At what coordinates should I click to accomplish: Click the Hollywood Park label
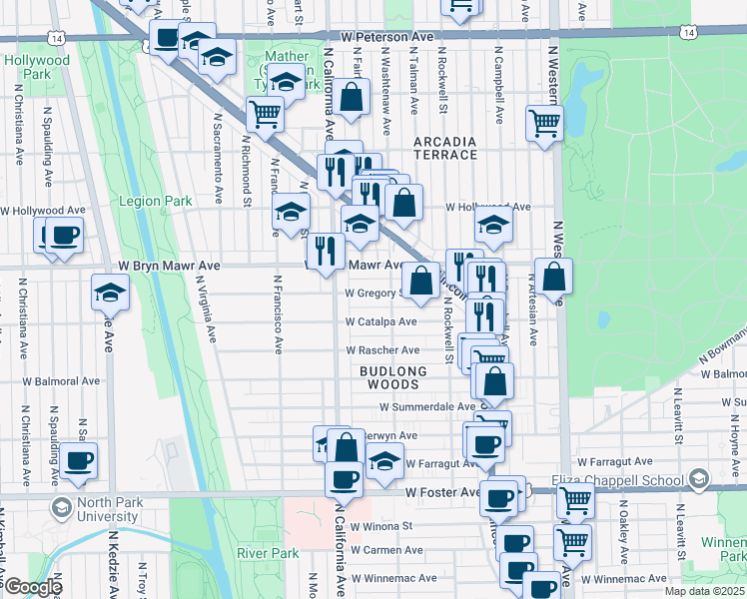[35, 67]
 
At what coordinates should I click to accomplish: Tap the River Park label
[268, 553]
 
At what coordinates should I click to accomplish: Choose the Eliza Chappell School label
[626, 480]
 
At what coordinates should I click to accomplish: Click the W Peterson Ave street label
[387, 36]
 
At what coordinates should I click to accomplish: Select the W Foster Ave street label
[441, 493]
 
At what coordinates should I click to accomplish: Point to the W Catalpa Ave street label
[381, 322]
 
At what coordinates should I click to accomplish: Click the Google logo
[32, 587]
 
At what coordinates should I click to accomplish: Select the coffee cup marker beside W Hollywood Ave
[65, 237]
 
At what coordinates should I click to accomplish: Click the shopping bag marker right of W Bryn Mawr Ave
[553, 278]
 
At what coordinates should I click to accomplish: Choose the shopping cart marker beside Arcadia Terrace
[545, 124]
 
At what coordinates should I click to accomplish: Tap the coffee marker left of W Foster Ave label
[344, 478]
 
